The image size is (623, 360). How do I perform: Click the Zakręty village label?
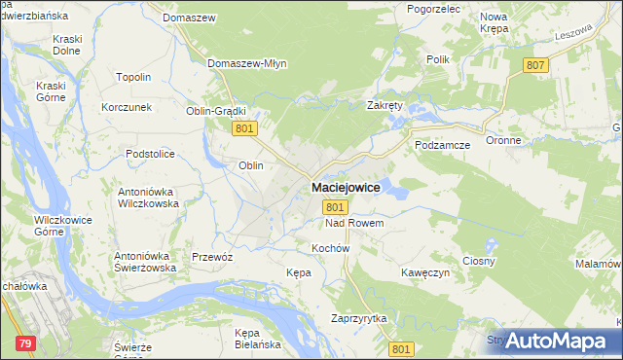click(x=385, y=105)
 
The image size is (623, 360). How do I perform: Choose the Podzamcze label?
click(x=443, y=144)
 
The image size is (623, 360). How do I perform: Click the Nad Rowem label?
click(x=354, y=224)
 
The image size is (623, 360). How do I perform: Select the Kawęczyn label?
click(x=425, y=273)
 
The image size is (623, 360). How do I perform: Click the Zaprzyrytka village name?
click(x=359, y=318)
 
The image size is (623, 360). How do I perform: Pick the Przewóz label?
click(x=212, y=257)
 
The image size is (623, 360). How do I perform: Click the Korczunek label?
click(x=127, y=106)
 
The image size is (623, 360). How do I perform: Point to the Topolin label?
click(x=133, y=77)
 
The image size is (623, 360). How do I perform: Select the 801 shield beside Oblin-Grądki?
click(x=245, y=128)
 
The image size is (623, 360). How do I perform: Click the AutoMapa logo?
click(x=555, y=341)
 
